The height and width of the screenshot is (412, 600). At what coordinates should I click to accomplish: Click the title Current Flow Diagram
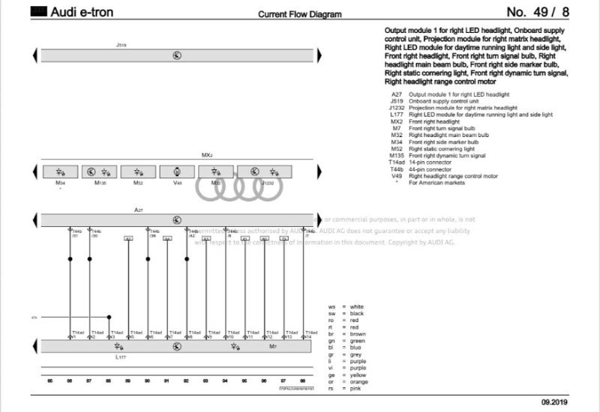pos(299,14)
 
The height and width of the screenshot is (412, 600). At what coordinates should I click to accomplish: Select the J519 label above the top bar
pos(121,46)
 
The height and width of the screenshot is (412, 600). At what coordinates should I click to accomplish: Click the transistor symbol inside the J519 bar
pos(177,56)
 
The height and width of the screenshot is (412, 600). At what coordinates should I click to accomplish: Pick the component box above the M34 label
pos(61,171)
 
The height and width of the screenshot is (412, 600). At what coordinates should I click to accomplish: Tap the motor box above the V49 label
pos(177,171)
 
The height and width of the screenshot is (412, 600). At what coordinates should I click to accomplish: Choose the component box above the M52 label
pos(139,171)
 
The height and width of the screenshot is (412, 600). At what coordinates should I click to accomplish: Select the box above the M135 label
pos(100,171)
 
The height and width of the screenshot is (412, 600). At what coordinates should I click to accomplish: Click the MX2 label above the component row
pos(207,155)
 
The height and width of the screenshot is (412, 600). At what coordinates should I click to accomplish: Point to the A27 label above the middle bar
pos(138,210)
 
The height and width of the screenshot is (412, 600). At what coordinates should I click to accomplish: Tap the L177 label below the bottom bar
pos(121,357)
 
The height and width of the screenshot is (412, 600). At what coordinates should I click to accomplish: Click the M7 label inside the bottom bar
pos(273,347)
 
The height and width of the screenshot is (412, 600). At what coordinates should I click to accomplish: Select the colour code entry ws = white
pos(346,306)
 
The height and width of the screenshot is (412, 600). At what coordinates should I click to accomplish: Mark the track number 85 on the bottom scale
pos(50,381)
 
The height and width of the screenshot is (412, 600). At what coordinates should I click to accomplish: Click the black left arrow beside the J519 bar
pos(34,56)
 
